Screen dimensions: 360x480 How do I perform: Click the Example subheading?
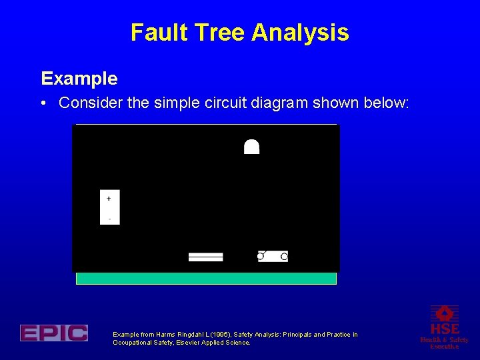[79, 79]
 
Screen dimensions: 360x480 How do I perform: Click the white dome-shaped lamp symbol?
[251, 147]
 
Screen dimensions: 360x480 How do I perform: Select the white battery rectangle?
[110, 207]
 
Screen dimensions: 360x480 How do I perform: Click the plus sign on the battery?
[109, 198]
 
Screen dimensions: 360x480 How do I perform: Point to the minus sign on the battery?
[109, 219]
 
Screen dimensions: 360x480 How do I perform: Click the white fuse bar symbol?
[205, 257]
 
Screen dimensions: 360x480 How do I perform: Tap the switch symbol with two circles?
[273, 256]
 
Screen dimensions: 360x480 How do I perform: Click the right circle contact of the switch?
[284, 257]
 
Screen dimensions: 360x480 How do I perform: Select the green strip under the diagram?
[206, 278]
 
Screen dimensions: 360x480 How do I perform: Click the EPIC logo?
[53, 333]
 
